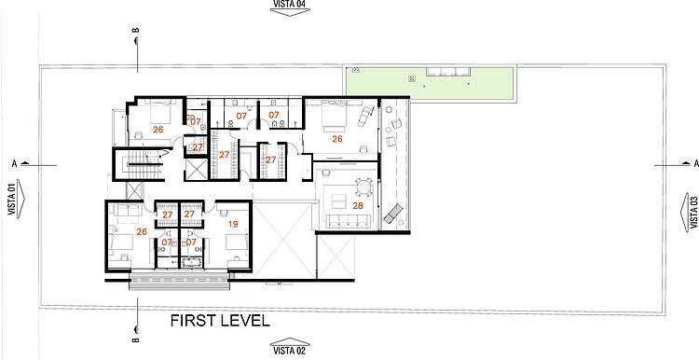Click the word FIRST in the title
click(x=191, y=321)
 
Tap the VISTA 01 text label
click(x=11, y=198)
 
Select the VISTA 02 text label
click(x=289, y=351)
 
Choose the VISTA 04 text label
click(x=289, y=4)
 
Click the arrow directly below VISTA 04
click(x=290, y=13)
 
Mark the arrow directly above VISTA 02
click(x=290, y=341)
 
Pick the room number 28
click(x=358, y=206)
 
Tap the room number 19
click(x=233, y=224)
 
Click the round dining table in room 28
click(x=364, y=187)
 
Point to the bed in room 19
click(x=237, y=242)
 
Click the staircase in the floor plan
click(x=140, y=164)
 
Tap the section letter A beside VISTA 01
click(x=14, y=164)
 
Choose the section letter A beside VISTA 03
click(x=696, y=164)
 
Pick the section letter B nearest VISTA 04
click(x=136, y=31)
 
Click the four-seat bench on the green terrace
click(x=448, y=72)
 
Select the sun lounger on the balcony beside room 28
click(x=392, y=213)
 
